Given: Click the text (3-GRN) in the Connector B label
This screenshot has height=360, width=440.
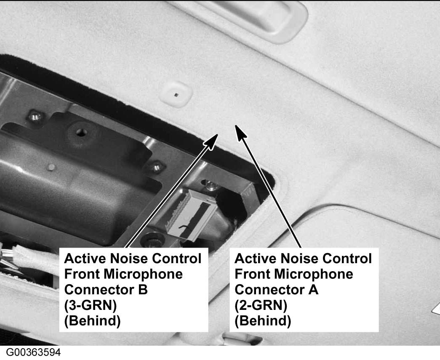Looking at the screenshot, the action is tap(91, 305).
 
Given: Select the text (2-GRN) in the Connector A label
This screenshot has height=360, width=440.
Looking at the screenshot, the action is tap(261, 305).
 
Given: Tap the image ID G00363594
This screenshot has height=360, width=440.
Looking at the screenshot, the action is tap(33, 352).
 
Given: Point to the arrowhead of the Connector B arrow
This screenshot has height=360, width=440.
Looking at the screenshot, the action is tap(211, 140).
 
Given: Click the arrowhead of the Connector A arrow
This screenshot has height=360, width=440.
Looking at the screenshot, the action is tap(240, 132).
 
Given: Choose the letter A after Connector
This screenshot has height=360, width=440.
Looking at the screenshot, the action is tap(313, 290).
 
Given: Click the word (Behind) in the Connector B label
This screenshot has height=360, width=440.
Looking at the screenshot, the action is tap(92, 321).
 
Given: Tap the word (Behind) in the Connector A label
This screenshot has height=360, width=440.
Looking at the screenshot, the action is tap(263, 321).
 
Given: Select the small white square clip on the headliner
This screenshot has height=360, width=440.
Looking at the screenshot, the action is tap(176, 94).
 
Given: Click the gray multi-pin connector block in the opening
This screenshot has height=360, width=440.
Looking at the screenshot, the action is tap(192, 214).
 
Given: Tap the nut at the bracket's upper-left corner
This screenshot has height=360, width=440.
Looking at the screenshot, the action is tap(35, 116).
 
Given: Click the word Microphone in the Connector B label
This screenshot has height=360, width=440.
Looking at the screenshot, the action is tap(144, 274).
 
